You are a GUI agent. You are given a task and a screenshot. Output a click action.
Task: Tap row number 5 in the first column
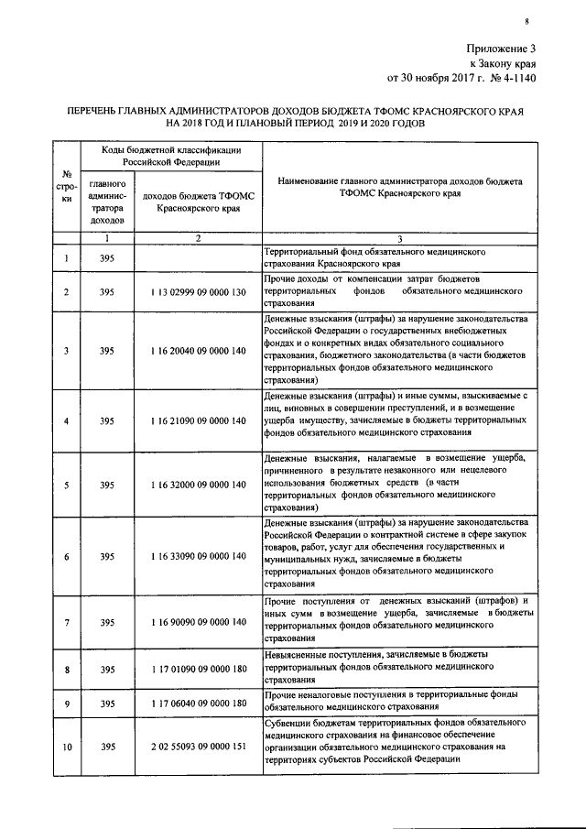click(x=67, y=485)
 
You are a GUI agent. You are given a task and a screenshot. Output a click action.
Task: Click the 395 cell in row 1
click(x=107, y=259)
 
